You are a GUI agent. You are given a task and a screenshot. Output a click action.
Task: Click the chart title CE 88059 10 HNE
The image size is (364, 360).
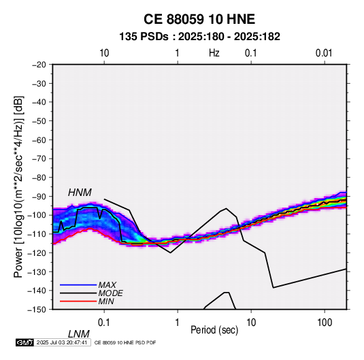(x=199, y=19)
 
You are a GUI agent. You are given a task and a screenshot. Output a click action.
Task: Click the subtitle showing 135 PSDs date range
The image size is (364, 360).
(x=199, y=37)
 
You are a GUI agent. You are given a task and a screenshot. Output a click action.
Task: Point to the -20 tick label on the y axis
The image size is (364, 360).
(x=39, y=65)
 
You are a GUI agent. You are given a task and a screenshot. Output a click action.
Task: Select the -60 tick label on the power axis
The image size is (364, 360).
(x=39, y=140)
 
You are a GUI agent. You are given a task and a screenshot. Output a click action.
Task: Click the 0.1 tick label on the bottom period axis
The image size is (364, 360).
(x=104, y=323)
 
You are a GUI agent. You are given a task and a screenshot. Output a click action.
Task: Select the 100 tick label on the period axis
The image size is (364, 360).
(x=325, y=323)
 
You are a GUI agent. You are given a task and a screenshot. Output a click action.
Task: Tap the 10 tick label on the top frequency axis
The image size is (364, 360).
(x=104, y=53)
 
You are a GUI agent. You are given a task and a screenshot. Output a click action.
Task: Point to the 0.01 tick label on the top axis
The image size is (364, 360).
(x=324, y=53)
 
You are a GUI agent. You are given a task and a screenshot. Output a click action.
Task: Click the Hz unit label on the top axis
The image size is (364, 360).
(x=214, y=53)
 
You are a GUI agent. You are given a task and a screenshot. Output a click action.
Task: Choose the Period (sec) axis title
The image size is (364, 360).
(x=214, y=330)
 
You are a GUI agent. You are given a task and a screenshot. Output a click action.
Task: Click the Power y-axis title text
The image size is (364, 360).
(x=18, y=187)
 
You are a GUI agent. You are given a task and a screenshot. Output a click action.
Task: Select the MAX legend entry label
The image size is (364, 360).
(x=107, y=285)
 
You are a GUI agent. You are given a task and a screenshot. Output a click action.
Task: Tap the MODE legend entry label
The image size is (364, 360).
(x=110, y=293)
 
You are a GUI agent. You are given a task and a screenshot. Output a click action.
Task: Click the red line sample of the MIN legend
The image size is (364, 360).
(x=78, y=301)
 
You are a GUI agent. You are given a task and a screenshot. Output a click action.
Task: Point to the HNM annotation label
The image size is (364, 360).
(x=80, y=193)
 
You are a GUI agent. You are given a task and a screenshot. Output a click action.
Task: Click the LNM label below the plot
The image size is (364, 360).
(x=79, y=334)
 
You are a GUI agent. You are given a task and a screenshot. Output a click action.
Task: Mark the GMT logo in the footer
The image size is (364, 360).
(x=25, y=342)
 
